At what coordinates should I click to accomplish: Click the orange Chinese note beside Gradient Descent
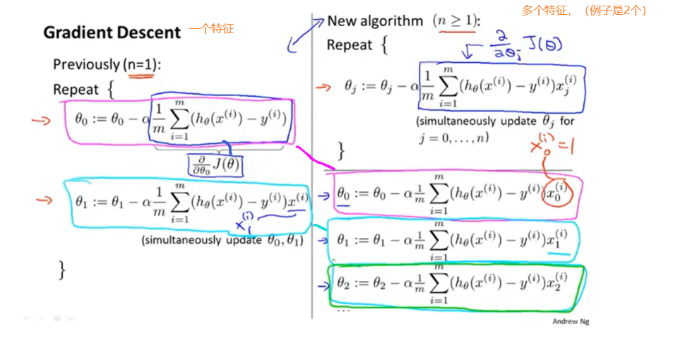[210, 30]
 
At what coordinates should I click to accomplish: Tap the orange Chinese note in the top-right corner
[584, 11]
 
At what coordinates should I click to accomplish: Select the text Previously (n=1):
[107, 65]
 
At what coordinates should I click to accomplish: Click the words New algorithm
[375, 21]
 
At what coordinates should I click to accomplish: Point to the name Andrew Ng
[570, 321]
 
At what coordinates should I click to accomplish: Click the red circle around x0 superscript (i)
[557, 193]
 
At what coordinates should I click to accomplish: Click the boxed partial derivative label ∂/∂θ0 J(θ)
[214, 164]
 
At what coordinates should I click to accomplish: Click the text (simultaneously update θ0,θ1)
[222, 240]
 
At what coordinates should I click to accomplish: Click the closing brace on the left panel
[62, 269]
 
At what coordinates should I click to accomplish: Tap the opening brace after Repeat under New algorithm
[384, 46]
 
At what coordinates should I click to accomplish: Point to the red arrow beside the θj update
[323, 88]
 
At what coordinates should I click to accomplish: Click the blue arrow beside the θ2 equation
[324, 286]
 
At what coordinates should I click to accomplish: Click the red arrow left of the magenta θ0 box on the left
[42, 120]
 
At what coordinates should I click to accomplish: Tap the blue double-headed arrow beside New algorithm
[304, 33]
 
